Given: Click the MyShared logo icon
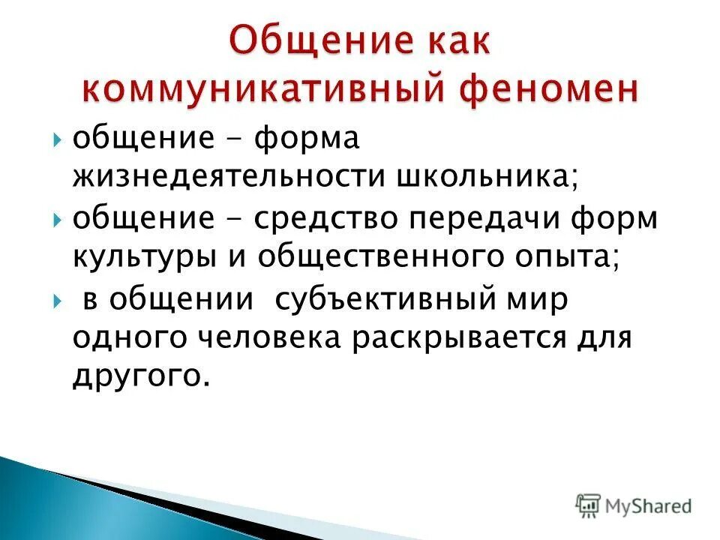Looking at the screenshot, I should (x=589, y=507).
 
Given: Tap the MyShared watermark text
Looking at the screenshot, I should (x=648, y=507).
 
